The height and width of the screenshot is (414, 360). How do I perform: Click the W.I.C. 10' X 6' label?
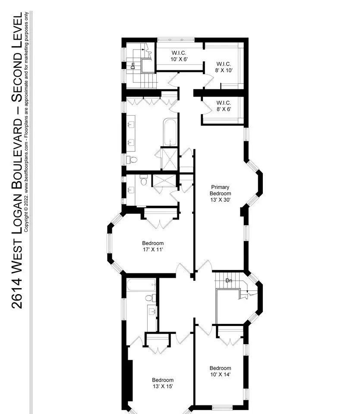click(179, 56)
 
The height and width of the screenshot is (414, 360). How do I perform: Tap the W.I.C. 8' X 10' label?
click(224, 67)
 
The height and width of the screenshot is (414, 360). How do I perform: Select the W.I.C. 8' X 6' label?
click(224, 106)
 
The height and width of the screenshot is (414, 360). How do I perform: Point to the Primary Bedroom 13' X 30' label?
click(220, 193)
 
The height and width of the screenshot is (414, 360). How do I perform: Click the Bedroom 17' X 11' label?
click(153, 246)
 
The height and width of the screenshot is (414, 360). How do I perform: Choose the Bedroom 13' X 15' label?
click(163, 383)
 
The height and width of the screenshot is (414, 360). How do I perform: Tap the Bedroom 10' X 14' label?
click(220, 371)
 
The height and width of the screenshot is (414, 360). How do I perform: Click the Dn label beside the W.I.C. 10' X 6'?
click(133, 66)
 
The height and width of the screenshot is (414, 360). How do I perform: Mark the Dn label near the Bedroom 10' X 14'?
click(229, 280)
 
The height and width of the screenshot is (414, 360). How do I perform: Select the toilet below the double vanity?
click(132, 160)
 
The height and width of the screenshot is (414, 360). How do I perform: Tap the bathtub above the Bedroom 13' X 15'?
click(142, 285)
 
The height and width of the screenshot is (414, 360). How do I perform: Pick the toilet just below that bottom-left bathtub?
click(151, 298)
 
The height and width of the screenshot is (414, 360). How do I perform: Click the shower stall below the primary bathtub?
click(170, 159)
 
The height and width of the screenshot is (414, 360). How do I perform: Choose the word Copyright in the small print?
click(26, 223)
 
